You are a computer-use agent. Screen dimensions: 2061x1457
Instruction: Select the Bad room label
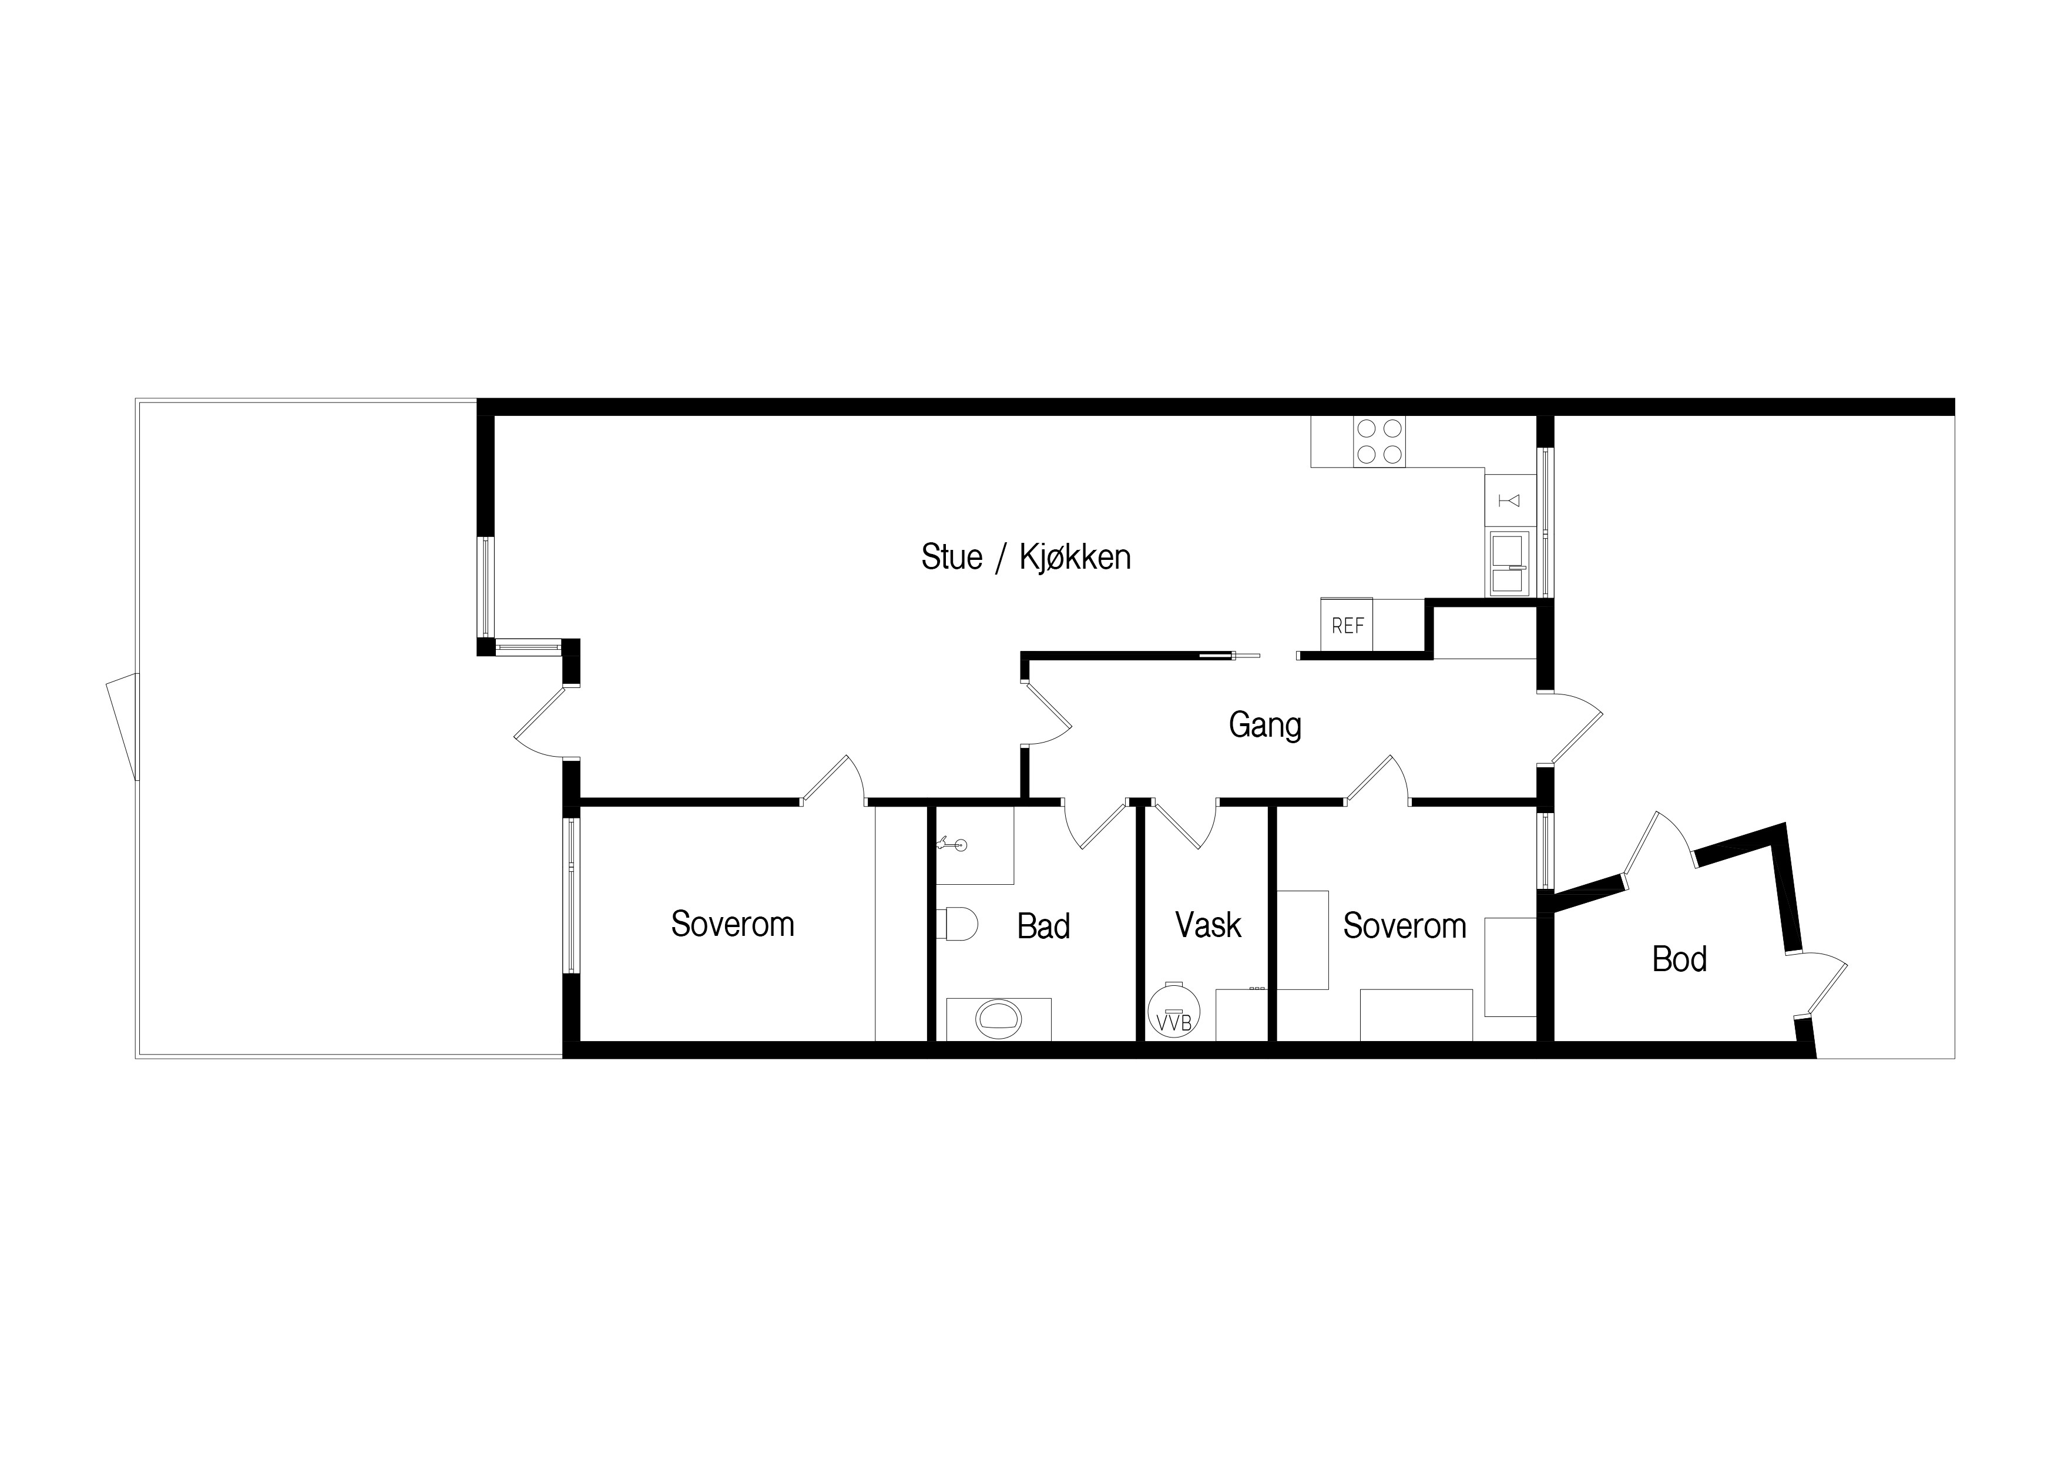1043,925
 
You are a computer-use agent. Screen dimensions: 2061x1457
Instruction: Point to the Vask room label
1209,925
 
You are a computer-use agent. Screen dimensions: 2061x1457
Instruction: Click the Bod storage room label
1680,959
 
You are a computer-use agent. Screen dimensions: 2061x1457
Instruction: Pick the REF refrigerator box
1347,624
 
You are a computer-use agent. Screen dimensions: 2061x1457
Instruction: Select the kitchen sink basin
1509,564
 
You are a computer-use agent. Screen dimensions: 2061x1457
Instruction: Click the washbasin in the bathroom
998,1018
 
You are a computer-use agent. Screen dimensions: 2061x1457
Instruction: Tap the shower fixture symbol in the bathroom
952,844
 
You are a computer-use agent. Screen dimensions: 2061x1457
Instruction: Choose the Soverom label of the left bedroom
733,924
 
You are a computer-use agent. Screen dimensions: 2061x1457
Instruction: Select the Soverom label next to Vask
1405,925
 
